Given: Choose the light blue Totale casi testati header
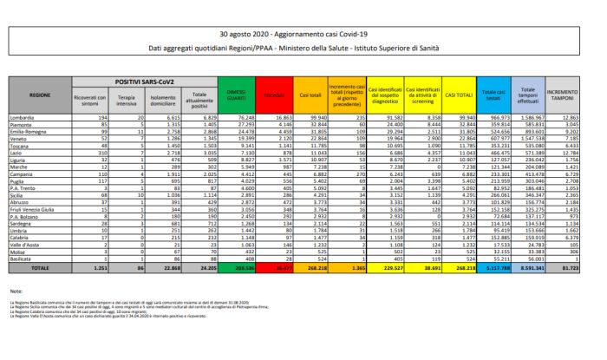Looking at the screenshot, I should [493, 92].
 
